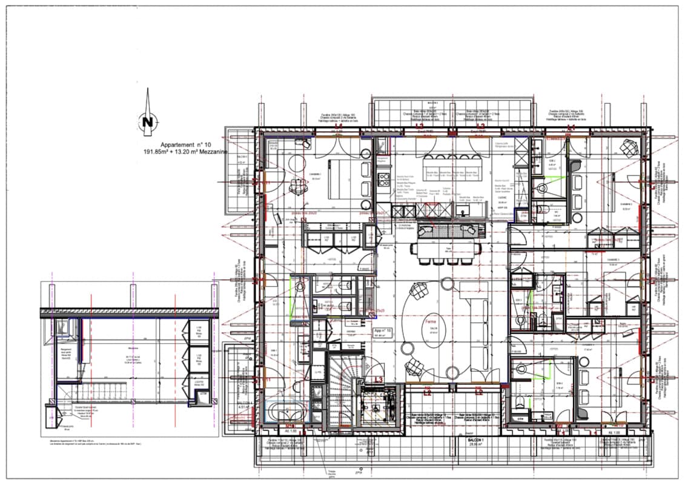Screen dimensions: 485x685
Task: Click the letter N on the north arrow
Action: pos(147,122)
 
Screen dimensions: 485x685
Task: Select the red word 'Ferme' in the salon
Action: pos(431,321)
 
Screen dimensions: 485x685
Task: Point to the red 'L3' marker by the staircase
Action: pos(379,380)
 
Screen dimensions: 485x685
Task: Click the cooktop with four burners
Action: pos(383,179)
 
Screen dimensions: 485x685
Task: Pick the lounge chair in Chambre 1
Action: pos(297,187)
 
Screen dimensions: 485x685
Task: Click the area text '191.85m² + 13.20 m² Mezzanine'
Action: pos(185,152)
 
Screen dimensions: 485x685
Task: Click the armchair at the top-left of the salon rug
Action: pos(417,291)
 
